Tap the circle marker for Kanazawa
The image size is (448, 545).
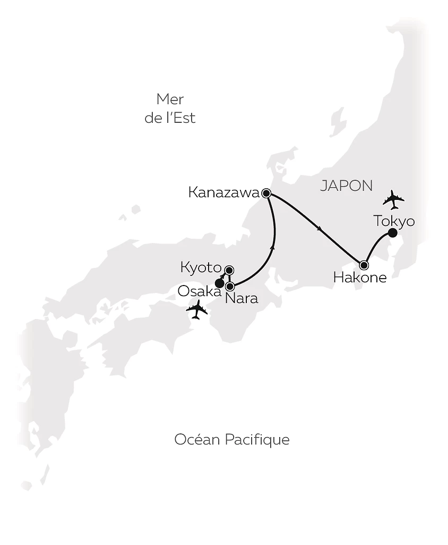point(266,193)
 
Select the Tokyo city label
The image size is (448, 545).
point(394,221)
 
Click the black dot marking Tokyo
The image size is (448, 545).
point(392,233)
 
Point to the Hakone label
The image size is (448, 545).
point(360,277)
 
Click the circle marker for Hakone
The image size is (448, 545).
point(364,265)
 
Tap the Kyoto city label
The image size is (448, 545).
point(200,267)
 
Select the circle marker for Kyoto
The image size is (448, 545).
point(229,270)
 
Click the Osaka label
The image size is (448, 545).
point(200,291)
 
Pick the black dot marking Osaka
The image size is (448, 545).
point(218,283)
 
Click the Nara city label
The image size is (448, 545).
point(242,298)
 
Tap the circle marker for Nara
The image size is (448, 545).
point(230,286)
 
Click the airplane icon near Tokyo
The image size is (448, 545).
point(393,200)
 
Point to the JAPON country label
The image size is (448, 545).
point(347,186)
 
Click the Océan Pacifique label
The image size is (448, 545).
point(232,440)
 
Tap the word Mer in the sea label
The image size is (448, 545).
point(170,99)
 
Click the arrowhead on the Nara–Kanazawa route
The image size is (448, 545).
point(273,246)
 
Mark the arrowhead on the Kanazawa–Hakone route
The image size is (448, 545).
point(319,229)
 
